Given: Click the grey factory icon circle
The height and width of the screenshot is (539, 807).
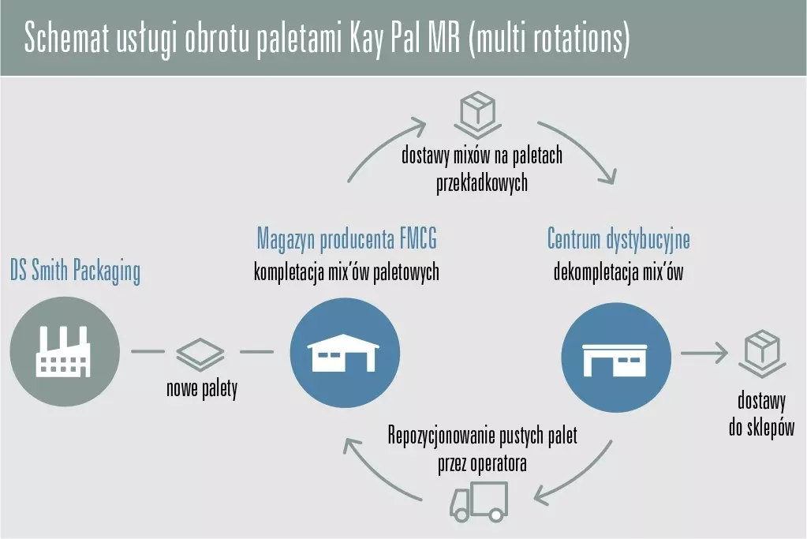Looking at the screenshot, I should tap(65, 351).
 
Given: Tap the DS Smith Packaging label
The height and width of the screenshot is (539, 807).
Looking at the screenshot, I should tap(75, 271).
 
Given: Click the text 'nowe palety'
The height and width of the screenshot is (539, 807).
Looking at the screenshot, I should tap(201, 388).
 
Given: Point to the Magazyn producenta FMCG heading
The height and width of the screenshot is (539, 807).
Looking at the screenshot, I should tap(346, 238).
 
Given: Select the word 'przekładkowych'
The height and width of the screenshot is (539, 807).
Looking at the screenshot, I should tap(481, 183).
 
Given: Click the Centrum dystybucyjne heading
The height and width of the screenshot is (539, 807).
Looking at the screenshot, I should tap(618, 238).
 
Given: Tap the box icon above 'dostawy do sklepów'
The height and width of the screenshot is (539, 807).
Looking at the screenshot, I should tap(761, 352).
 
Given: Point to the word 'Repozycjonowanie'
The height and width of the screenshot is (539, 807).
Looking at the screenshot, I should tap(442, 436).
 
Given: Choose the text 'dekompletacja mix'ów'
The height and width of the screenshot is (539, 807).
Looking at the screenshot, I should tap(618, 273).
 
